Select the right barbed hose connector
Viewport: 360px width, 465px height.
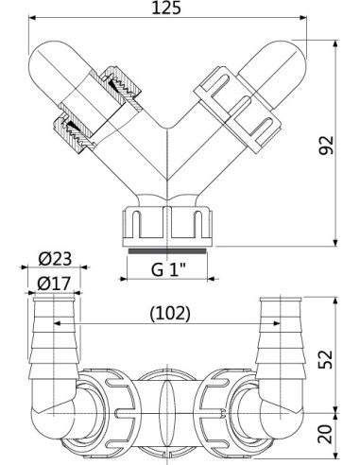coord(280,336)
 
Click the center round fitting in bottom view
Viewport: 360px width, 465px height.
coord(166,401)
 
